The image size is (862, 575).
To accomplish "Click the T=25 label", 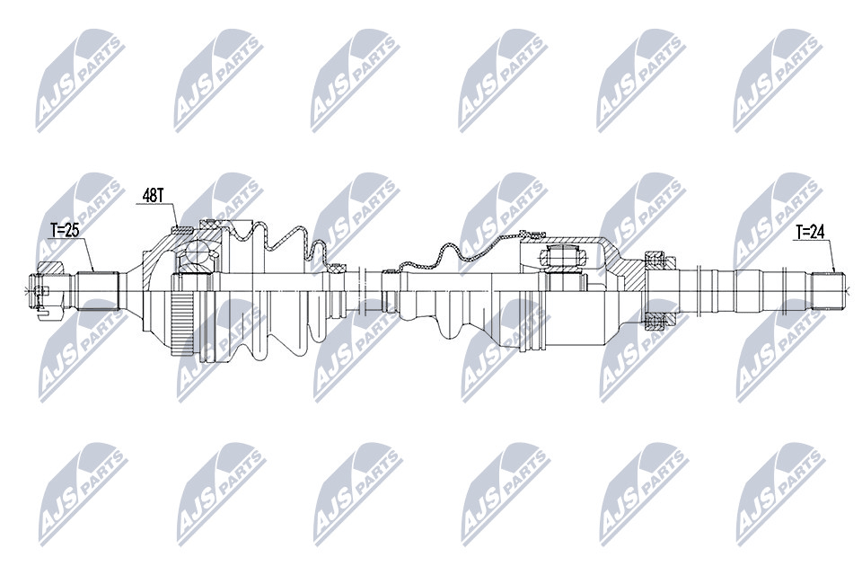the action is [65, 230].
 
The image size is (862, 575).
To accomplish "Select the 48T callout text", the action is [153, 195].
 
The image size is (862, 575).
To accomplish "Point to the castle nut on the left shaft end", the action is [48, 290].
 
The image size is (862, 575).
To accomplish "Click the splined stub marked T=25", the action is [98, 290].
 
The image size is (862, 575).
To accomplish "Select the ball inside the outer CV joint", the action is [195, 253].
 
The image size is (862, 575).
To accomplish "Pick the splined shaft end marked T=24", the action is [828, 290].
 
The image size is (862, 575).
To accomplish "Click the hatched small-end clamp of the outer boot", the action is [336, 269].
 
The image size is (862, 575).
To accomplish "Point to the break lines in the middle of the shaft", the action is [362, 290].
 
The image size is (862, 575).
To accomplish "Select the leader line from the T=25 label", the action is [87, 254].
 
